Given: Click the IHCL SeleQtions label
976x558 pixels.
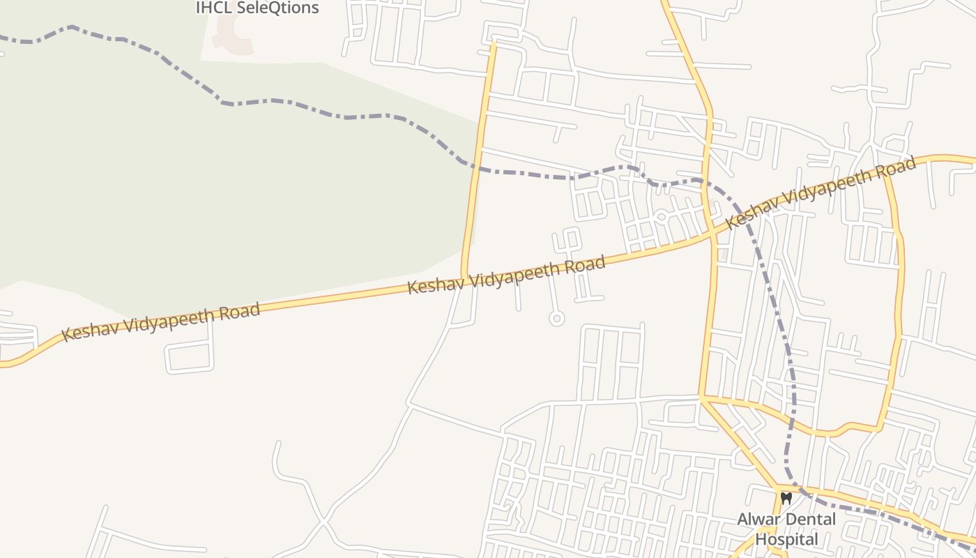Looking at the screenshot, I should pos(257,8).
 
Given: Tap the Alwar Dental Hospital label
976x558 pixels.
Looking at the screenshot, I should pos(786,529).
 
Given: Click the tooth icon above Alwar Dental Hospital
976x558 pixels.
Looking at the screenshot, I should pos(786,499).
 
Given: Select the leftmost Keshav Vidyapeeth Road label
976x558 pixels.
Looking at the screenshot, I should pos(161,322).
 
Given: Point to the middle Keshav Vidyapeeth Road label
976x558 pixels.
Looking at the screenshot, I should pos(506,276).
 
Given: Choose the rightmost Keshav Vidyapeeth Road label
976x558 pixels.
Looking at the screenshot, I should pos(821,193).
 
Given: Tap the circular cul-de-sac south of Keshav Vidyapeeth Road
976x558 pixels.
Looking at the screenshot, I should pos(556,319).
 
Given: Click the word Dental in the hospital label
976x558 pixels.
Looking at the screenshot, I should pos(809,520).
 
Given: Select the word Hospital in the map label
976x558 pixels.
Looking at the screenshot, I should pos(786,539).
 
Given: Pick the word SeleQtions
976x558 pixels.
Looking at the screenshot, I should pos(278,8).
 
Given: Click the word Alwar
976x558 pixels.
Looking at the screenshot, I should pos(758,520).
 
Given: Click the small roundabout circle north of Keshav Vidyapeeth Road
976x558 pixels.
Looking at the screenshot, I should pos(661,218).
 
